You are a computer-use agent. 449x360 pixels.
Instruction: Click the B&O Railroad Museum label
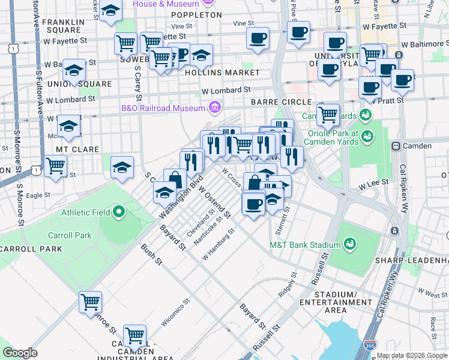point(163,108)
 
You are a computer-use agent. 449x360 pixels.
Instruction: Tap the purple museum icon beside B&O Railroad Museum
point(214,108)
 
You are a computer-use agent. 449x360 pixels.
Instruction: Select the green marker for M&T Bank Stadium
point(349,244)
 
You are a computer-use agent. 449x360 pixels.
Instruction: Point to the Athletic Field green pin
point(119,212)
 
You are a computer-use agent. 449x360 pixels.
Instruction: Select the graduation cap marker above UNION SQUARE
point(74,70)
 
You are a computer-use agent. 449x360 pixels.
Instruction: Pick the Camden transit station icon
point(396,146)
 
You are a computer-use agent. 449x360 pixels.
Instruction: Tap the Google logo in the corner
point(20,353)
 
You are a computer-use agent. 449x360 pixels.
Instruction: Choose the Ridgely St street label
point(288,286)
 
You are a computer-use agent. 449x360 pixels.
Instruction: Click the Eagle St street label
point(38,195)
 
